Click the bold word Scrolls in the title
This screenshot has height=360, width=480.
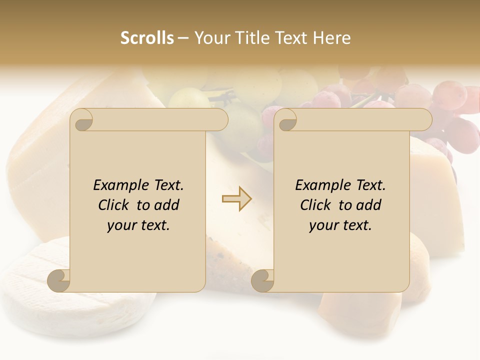(147, 38)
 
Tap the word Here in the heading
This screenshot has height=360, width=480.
(331, 38)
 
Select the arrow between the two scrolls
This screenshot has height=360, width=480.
(236, 199)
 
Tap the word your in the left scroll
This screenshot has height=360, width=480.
(120, 225)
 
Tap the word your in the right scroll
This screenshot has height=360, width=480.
(322, 225)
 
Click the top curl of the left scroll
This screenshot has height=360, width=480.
(82, 120)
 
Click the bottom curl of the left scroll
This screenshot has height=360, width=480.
(59, 280)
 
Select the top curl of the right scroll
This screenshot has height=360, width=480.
(286, 120)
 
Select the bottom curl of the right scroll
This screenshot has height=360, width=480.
(263, 280)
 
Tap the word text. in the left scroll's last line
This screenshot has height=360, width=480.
(153, 225)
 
